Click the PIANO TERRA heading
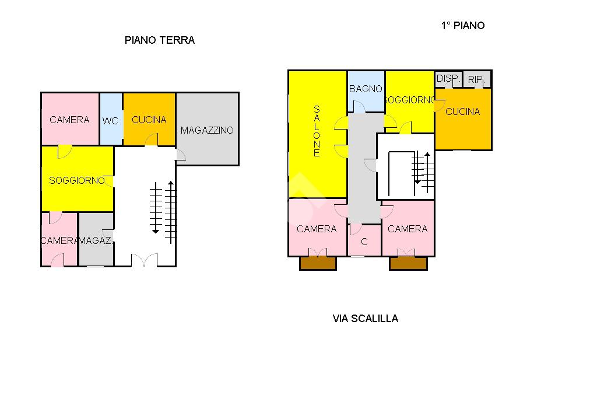coord(160,40)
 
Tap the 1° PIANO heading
coord(462,26)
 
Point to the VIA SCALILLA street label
coord(365,318)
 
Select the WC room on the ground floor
coord(111,119)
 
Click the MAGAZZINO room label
coord(207,130)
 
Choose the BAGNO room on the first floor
coord(366,92)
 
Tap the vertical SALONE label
coord(317,131)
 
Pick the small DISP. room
coord(448,79)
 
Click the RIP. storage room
coord(477,79)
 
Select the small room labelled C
coord(364,240)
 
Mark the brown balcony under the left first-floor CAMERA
coord(318,263)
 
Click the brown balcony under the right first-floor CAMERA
coord(408,263)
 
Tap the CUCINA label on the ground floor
coord(149,120)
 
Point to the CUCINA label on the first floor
coord(462,111)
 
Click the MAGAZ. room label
coord(96,241)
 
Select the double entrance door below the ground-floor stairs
coord(144,260)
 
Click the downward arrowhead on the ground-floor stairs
coord(155,231)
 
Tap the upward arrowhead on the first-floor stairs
coord(427,155)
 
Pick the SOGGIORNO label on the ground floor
coord(77,180)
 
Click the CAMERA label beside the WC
coord(69,120)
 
